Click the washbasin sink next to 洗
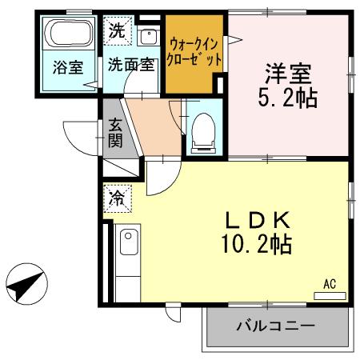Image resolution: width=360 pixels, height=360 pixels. (148, 36)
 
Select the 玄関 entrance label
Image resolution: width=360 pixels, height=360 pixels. (116, 134)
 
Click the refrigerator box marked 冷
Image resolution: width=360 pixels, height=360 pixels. (117, 196)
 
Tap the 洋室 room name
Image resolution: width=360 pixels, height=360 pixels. (288, 76)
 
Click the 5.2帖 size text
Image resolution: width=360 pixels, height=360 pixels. (288, 100)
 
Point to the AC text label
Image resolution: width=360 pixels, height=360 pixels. (330, 283)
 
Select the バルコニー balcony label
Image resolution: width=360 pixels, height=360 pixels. (275, 326)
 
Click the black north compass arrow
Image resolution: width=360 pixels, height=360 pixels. (27, 284)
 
